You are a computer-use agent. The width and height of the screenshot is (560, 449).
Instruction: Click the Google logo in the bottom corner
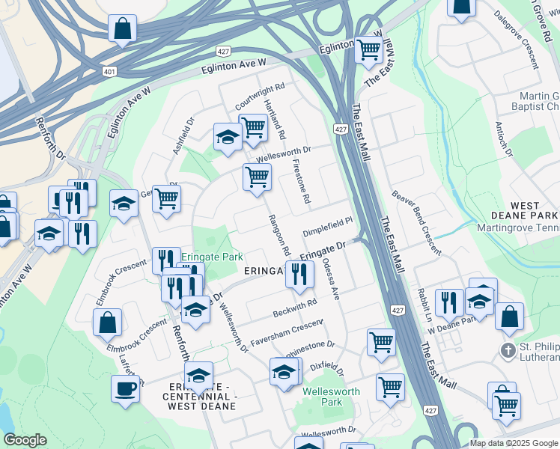click(25, 440)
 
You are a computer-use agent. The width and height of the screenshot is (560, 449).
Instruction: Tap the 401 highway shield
click(109, 71)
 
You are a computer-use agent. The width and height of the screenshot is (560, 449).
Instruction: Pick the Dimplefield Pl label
click(327, 227)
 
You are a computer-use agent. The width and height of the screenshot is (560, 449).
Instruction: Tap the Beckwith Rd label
click(296, 305)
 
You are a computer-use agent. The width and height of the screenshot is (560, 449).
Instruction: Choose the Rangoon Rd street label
click(279, 232)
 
